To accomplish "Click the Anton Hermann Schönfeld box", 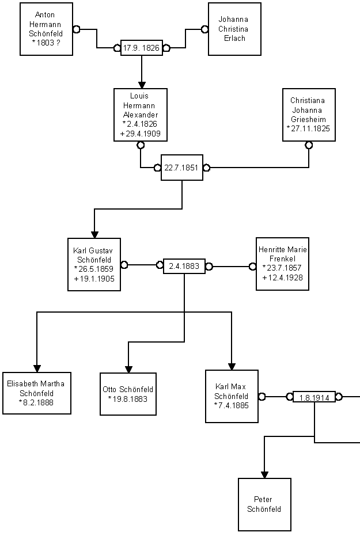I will (46, 29).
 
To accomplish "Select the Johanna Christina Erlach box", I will (234, 29).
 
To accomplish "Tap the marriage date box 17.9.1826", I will (141, 48).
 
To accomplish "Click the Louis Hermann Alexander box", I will (141, 115).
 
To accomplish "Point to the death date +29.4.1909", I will (141, 134).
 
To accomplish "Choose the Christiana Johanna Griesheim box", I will (308, 115).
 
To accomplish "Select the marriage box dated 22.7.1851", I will (181, 168).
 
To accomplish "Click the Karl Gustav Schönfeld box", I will (94, 264).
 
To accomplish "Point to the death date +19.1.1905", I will (94, 279).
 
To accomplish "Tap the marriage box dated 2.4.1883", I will (184, 266).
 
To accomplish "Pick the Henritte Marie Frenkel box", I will (282, 264).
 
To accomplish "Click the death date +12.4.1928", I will (282, 278).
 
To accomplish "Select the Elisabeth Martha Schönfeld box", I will (36, 393).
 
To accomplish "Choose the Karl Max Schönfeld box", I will (231, 396).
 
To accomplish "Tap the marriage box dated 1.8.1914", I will (314, 397).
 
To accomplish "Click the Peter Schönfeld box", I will (264, 504).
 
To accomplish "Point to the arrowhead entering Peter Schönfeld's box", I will (264, 474).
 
